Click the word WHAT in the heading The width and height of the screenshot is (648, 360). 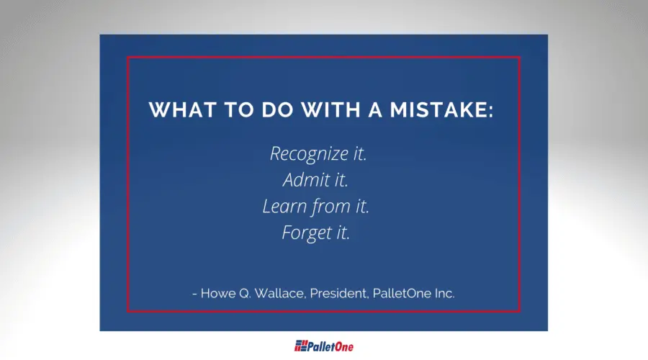pos(183,110)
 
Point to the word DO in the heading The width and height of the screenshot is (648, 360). pos(277,110)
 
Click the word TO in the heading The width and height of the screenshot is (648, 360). pos(239,110)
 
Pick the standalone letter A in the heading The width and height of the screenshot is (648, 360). pos(375,110)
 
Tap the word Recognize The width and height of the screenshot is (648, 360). pos(309,154)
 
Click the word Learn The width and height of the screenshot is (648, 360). pos(284,206)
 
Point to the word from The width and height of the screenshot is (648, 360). pos(331,206)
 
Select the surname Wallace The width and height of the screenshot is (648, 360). pos(281,294)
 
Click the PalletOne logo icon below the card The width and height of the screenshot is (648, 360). pos(301,346)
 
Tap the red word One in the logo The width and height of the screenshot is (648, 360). pos(344,346)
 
